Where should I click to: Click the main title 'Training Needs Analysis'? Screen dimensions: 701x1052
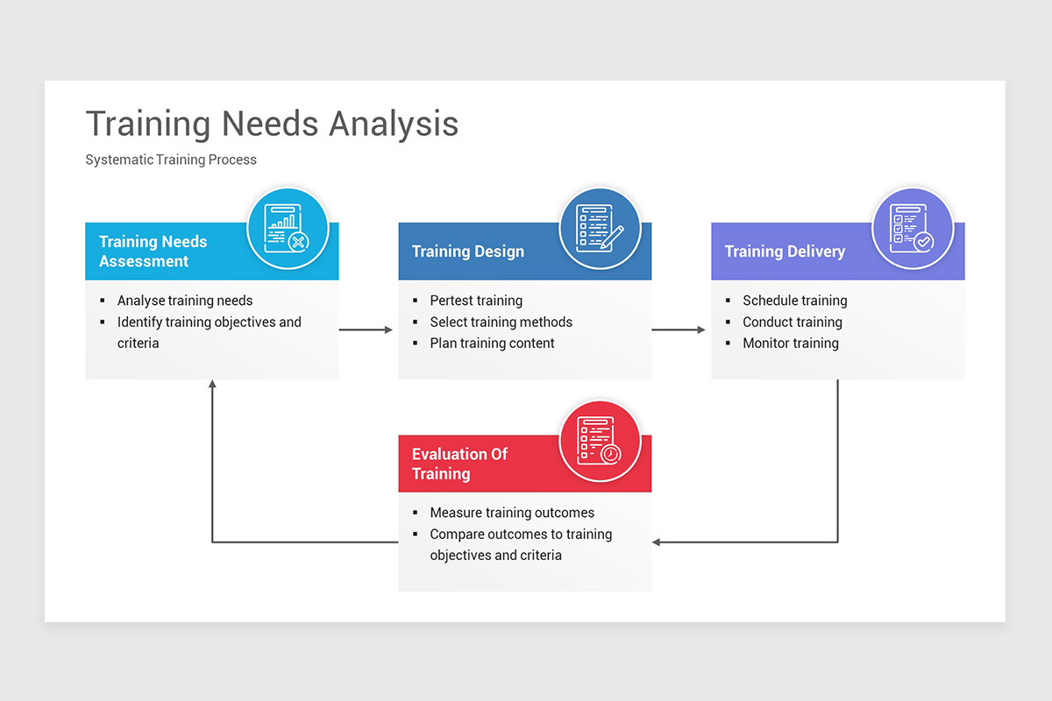(272, 124)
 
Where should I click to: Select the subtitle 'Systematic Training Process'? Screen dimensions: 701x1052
(171, 159)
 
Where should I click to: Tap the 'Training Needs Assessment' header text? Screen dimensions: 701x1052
(153, 251)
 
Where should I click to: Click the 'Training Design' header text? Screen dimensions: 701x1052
(468, 251)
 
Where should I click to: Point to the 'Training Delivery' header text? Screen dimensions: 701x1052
(785, 251)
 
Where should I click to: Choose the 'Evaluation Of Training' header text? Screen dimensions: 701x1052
(460, 464)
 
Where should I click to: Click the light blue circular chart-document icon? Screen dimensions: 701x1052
(288, 228)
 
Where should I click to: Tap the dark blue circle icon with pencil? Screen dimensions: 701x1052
(601, 228)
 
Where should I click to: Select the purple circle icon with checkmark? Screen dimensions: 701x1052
(913, 228)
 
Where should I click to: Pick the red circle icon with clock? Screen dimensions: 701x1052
(601, 441)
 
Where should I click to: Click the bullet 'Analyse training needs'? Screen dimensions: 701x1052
(185, 301)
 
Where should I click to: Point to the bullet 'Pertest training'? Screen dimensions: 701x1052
(476, 301)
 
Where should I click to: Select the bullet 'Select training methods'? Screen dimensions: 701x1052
(501, 322)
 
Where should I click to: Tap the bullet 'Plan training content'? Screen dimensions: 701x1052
(492, 343)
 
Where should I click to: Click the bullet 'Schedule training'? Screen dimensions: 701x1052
(794, 301)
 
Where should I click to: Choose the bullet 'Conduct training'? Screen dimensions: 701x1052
(792, 322)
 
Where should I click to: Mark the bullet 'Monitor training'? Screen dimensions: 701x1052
(790, 343)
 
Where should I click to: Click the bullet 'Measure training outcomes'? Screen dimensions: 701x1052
(512, 513)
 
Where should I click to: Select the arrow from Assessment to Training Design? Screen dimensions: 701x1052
(366, 329)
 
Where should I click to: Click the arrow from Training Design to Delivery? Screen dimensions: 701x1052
(679, 329)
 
